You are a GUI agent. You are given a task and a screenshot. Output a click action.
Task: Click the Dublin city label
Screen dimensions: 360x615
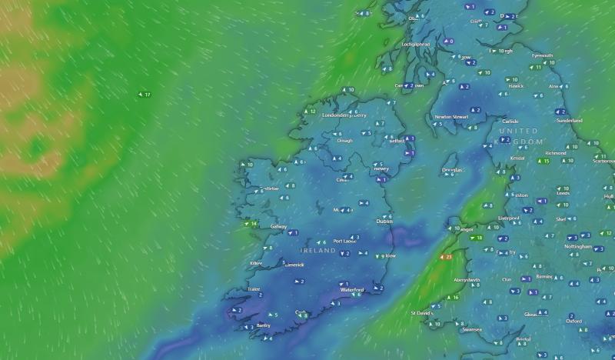384,222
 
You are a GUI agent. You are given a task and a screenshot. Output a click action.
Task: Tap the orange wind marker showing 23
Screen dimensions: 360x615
445,257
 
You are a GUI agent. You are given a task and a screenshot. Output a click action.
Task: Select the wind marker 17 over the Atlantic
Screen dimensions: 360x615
144,95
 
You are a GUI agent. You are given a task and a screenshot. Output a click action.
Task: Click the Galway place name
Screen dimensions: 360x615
278,227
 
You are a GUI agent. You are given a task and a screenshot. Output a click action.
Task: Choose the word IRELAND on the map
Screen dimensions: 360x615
317,251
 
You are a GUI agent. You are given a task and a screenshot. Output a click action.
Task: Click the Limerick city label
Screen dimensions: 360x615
294,265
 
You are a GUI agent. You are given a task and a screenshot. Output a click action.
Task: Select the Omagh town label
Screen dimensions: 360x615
344,141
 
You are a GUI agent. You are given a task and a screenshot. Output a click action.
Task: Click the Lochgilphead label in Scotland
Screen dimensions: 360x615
416,45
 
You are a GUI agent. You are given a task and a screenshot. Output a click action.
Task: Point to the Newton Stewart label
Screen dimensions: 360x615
451,117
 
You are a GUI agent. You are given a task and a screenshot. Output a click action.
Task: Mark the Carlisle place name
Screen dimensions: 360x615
510,122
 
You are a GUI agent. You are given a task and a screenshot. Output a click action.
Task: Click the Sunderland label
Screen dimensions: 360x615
570,121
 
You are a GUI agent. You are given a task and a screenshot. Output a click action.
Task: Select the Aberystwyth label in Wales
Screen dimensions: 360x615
467,280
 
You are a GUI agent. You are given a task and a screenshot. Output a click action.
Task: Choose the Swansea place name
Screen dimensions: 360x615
471,329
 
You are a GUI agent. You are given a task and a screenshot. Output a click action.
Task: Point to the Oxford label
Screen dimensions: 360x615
573,322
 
